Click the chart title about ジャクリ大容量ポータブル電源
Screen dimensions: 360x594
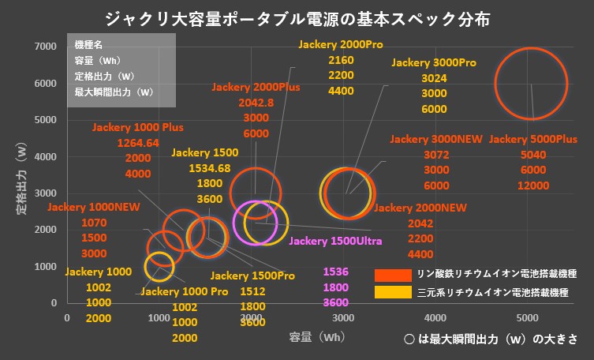(x=297, y=17)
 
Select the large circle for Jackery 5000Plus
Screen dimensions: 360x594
(x=531, y=84)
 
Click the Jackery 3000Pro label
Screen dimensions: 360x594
(x=434, y=62)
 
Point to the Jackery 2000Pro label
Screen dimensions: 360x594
(x=340, y=45)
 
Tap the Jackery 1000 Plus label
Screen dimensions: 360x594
(x=137, y=127)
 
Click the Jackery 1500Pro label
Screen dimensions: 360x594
(x=252, y=276)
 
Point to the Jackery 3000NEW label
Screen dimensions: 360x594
(x=435, y=139)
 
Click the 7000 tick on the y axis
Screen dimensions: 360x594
(x=45, y=47)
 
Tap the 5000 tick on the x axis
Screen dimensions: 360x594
(x=528, y=317)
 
